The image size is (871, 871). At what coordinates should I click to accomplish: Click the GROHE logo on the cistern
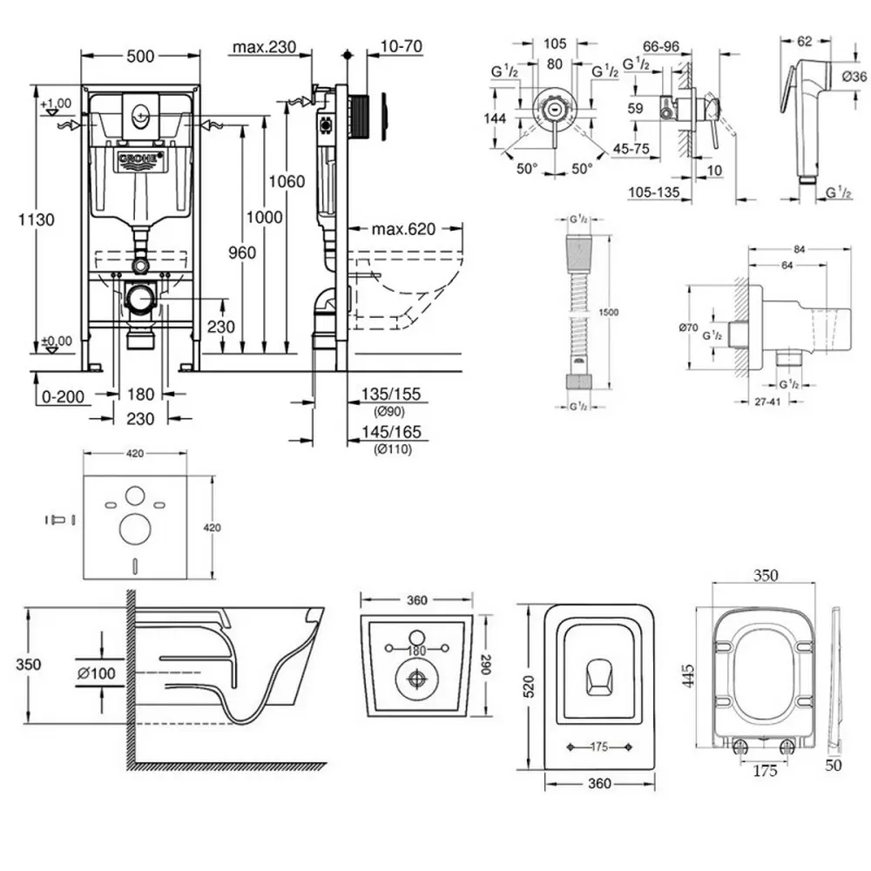coord(138,162)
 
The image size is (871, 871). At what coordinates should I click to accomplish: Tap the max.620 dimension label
coord(403,230)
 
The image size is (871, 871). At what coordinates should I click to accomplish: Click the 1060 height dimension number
coord(287,181)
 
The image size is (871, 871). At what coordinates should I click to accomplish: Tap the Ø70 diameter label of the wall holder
coord(689,328)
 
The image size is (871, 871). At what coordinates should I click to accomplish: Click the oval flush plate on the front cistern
coord(139,112)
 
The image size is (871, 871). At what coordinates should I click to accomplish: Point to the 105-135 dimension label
coord(653,192)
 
